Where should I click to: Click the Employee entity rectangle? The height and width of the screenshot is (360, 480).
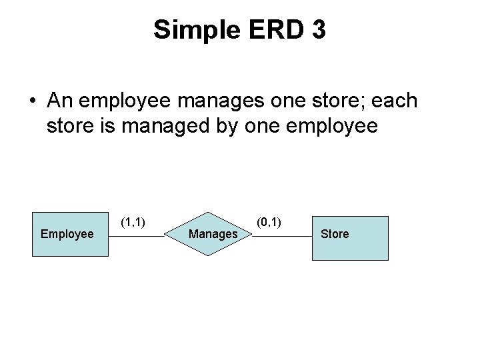pyautogui.click(x=71, y=235)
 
